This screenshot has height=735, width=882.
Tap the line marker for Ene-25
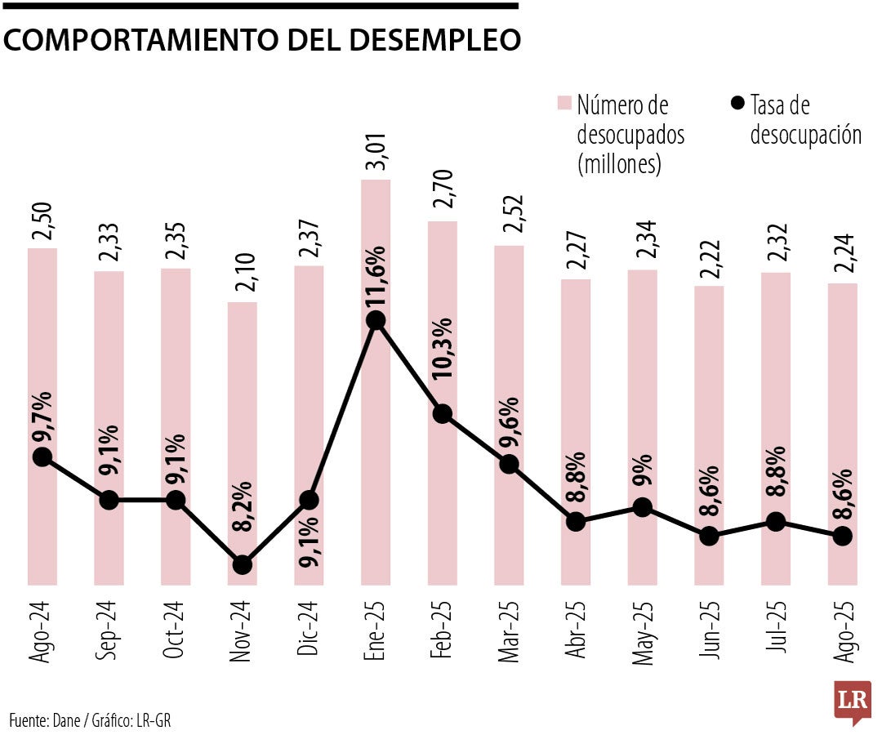(376, 321)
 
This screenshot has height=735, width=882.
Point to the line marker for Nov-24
(242, 564)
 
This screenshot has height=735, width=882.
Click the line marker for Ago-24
(42, 457)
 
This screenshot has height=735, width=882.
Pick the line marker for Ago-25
(842, 536)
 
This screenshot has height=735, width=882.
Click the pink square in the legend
(564, 104)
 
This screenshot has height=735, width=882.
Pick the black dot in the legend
(737, 104)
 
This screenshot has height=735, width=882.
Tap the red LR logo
(853, 701)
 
